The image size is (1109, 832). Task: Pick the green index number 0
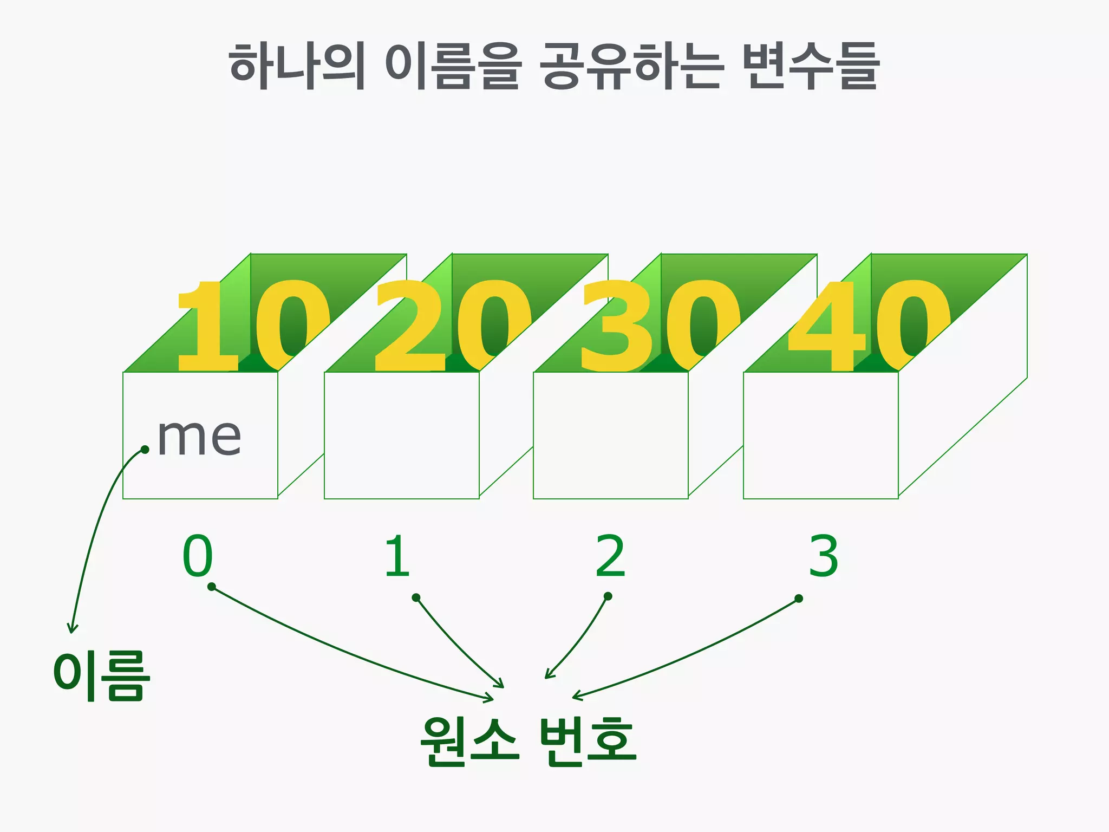click(x=198, y=556)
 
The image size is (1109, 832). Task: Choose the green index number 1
click(x=397, y=556)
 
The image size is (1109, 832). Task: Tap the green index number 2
click(x=610, y=556)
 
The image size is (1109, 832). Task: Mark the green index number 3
click(x=824, y=556)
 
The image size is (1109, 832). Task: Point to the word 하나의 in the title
click(x=297, y=66)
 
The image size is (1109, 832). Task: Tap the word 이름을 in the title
click(x=453, y=66)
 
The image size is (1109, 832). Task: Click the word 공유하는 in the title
click(x=631, y=66)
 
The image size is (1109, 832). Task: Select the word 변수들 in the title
click(x=810, y=66)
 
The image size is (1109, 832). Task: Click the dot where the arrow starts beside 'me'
click(x=145, y=449)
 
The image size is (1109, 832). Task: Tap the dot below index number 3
click(x=799, y=599)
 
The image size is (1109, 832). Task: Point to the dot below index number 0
click(x=212, y=587)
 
